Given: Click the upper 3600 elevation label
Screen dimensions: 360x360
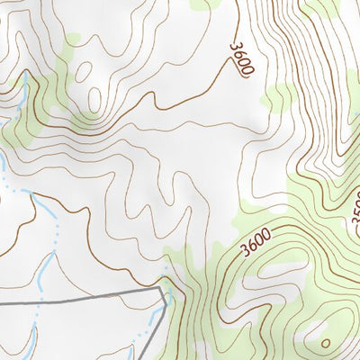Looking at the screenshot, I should coord(241,57).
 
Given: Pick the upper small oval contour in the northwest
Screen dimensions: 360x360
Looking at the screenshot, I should coord(85,67).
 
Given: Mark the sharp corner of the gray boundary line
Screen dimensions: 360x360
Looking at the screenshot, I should coord(165,290).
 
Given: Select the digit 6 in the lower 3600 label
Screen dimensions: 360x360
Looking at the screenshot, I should coord(252,246).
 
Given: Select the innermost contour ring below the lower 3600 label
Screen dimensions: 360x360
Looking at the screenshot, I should coord(261,270).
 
